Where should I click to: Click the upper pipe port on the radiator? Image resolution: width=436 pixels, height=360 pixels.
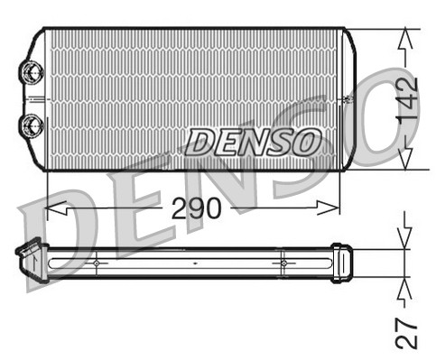pyautogui.click(x=32, y=70)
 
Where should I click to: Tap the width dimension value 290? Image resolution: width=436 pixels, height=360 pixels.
pyautogui.click(x=196, y=208)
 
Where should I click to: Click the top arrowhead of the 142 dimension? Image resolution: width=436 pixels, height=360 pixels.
pyautogui.click(x=406, y=37)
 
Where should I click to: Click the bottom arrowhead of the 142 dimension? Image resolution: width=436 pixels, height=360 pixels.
pyautogui.click(x=406, y=160)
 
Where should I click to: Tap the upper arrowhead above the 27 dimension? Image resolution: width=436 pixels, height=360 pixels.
pyautogui.click(x=405, y=237)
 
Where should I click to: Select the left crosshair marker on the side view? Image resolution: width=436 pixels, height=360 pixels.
pyautogui.click(x=96, y=263)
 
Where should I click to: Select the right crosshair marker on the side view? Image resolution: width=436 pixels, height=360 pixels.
pyautogui.click(x=283, y=263)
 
